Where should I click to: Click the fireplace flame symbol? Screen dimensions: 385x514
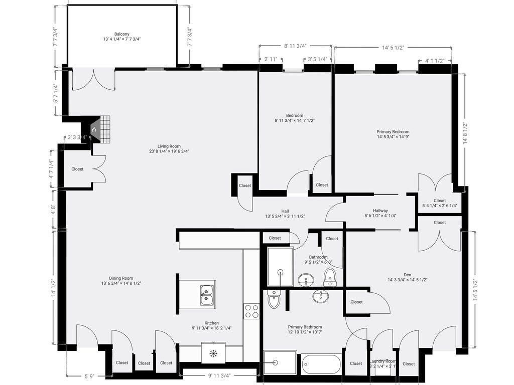(x=93, y=129)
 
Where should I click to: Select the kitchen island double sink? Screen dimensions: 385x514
(x=206, y=295)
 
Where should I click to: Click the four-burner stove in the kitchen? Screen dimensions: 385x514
(x=251, y=311)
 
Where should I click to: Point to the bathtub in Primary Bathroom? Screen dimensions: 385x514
(x=321, y=363)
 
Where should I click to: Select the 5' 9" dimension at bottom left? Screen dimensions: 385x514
(x=90, y=375)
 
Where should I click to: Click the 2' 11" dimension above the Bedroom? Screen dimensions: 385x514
(x=271, y=59)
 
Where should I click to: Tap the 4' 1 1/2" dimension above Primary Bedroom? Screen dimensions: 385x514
(x=435, y=61)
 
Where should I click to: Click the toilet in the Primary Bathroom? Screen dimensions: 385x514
(x=275, y=299)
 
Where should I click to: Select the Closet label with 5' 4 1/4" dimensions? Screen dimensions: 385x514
(x=439, y=203)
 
